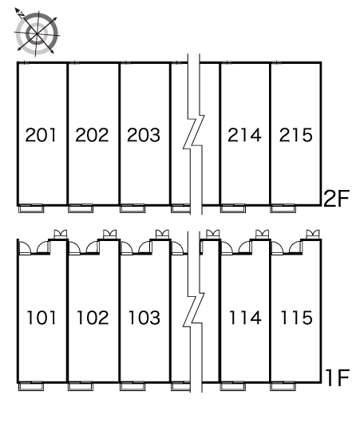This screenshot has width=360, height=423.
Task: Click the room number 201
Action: (41, 135)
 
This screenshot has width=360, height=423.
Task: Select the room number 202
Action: (92, 135)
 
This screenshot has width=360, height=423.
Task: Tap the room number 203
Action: (144, 135)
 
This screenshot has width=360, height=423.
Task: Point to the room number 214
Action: (244, 135)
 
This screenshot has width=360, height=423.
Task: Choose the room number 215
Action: (296, 135)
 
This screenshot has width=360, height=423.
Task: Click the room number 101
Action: (42, 318)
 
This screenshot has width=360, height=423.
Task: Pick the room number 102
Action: (93, 318)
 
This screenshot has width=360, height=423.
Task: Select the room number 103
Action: (144, 318)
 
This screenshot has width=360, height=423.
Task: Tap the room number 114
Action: (245, 318)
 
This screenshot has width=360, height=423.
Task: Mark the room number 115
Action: (297, 318)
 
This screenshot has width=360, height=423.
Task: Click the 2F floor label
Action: (336, 199)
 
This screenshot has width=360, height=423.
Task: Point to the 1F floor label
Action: (338, 378)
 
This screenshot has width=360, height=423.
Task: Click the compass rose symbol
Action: (37, 33)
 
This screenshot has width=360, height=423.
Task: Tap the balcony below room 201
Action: (31, 208)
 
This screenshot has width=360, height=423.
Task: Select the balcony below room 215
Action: (283, 208)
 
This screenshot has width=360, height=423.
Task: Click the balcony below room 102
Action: (81, 386)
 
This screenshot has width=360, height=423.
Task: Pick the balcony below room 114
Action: (233, 386)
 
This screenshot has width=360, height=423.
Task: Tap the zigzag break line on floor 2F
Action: (194, 132)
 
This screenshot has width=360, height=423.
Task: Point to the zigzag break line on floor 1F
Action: (194, 310)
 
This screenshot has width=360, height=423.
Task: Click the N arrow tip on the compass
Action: (15, 9)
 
